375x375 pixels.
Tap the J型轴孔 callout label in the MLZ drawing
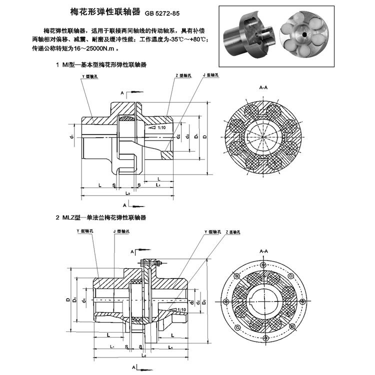(x=121, y=231)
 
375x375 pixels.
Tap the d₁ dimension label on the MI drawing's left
(x=72, y=135)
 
